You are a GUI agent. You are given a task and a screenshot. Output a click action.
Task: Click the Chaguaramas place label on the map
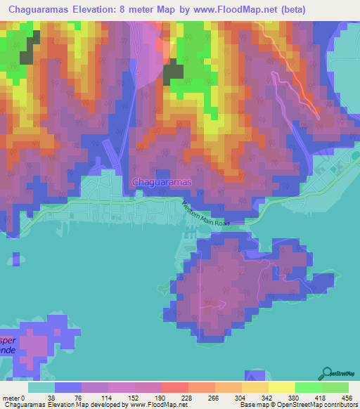pyautogui.click(x=162, y=181)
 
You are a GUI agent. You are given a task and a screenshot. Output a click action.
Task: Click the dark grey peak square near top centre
pyautogui.click(x=173, y=73)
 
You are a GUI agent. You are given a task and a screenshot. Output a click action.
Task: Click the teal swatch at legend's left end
pyautogui.click(x=41, y=387)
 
